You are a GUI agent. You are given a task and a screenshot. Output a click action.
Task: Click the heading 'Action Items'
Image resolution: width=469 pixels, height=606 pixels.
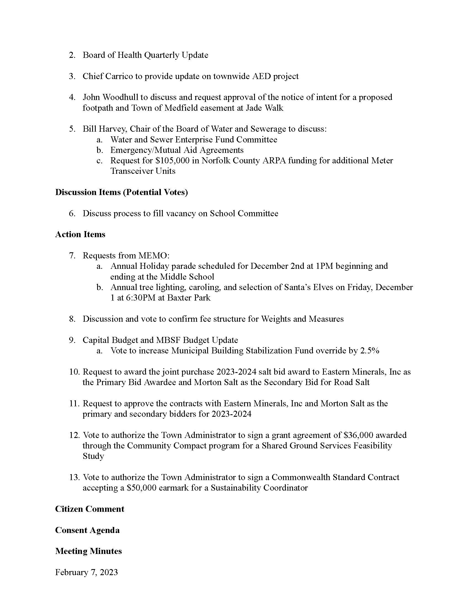tap(80, 234)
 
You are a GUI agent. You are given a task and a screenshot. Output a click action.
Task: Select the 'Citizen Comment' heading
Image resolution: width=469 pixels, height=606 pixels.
tap(89, 509)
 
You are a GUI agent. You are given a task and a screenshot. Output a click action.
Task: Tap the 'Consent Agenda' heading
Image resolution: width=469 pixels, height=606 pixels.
tap(87, 530)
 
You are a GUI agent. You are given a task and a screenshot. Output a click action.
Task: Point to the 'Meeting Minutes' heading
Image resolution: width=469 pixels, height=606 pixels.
tap(88, 551)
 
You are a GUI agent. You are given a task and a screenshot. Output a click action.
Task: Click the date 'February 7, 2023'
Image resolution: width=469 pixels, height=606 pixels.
tap(86, 572)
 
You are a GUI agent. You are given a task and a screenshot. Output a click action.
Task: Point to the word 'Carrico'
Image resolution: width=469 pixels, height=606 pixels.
tap(119, 76)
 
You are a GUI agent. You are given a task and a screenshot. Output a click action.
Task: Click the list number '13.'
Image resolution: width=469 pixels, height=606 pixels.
tap(74, 477)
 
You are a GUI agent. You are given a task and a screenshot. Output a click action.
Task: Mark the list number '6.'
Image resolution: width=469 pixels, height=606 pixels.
tap(72, 213)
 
